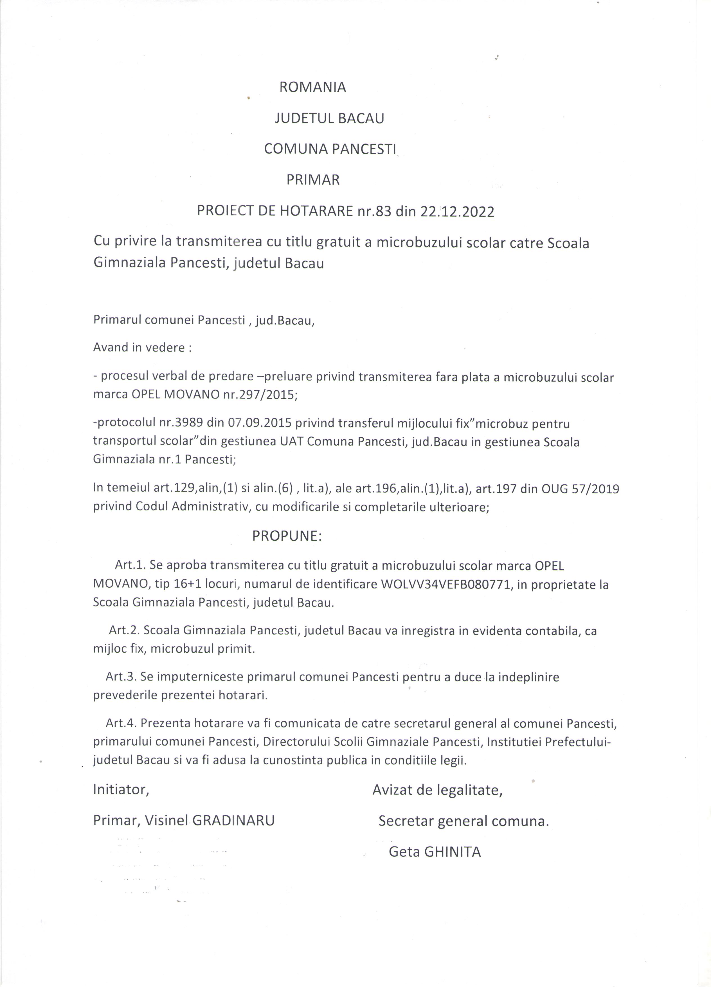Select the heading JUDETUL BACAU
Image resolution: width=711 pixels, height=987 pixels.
[329, 118]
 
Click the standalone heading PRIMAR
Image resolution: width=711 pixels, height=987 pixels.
[313, 180]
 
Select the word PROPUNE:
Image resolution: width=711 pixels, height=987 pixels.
[287, 536]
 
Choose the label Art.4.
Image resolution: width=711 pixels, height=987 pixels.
[121, 723]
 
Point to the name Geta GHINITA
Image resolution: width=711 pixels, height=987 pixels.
[435, 852]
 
